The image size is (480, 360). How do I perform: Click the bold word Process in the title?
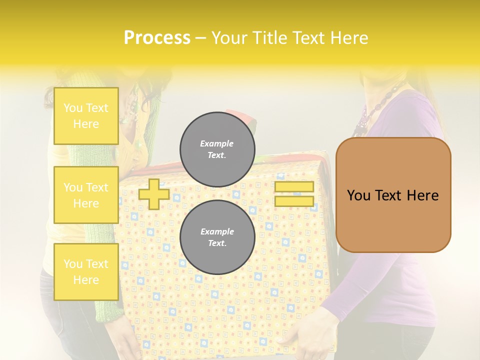click(157, 37)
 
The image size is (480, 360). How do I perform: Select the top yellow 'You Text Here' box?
click(86, 116)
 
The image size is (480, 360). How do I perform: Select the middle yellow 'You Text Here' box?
click(86, 195)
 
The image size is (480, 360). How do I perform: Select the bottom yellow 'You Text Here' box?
click(86, 272)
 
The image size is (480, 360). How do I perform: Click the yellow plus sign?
click(153, 194)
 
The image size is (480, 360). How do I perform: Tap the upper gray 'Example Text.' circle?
click(217, 149)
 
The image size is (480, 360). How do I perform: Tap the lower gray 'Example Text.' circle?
click(217, 237)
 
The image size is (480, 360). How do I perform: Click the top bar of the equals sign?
click(294, 186)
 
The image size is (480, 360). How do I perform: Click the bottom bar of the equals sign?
click(294, 201)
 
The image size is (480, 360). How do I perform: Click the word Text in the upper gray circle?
click(217, 155)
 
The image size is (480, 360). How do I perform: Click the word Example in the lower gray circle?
click(217, 231)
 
